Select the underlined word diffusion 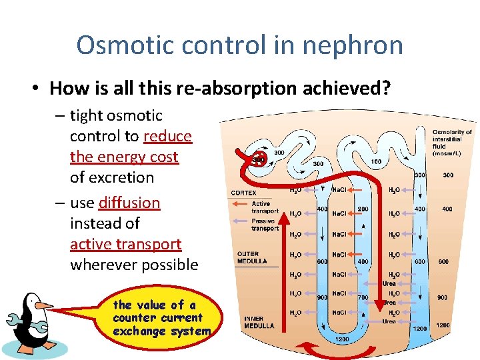pos(129,202)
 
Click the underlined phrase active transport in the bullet pos(125,244)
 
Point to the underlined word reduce pos(167,136)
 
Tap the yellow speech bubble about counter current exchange pos(160,318)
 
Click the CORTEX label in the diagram pos(243,193)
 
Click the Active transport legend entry pos(264,207)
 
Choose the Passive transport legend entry pos(264,225)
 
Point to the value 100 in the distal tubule pos(377,161)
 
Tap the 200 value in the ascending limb pos(363,209)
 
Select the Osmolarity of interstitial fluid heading pos(452,143)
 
